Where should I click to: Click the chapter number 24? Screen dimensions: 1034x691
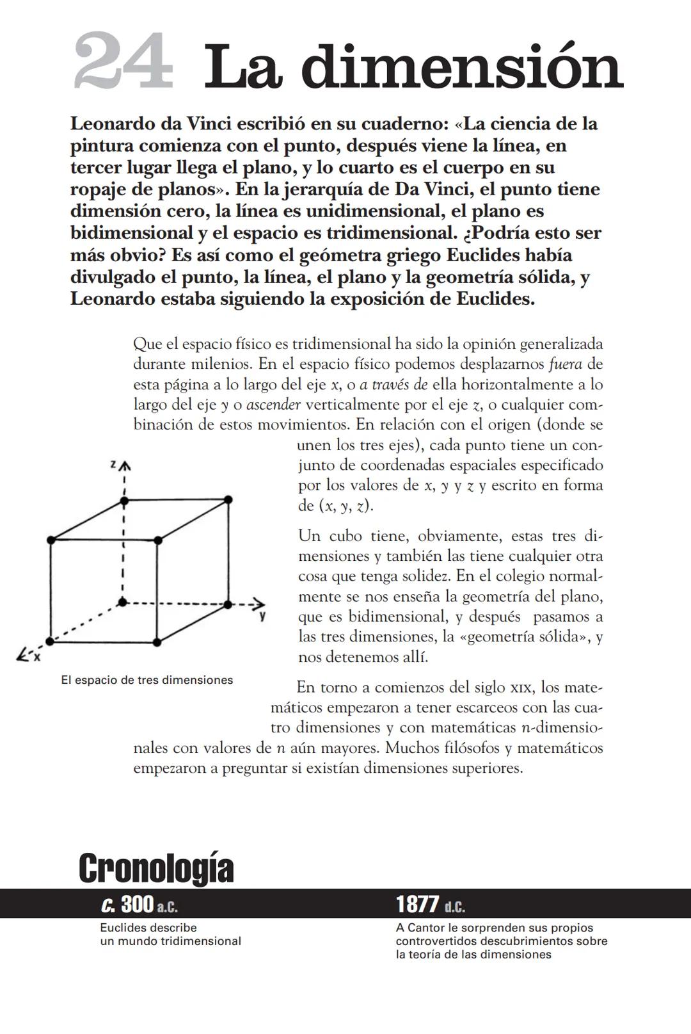click(x=123, y=62)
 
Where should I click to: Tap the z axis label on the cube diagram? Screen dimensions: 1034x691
click(x=113, y=464)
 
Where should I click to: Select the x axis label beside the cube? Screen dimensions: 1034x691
click(x=37, y=656)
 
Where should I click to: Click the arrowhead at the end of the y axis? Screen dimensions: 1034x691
click(x=258, y=603)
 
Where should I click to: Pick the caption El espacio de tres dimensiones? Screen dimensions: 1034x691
click(x=147, y=680)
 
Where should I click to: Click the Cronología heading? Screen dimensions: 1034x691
click(x=156, y=868)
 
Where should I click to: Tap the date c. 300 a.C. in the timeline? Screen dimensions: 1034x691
click(x=139, y=905)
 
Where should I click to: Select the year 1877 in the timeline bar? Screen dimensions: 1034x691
click(x=417, y=905)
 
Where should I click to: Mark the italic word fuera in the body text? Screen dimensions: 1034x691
click(x=566, y=364)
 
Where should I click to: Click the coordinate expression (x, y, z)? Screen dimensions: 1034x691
click(x=345, y=506)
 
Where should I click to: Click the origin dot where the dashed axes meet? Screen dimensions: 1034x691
click(x=123, y=602)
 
